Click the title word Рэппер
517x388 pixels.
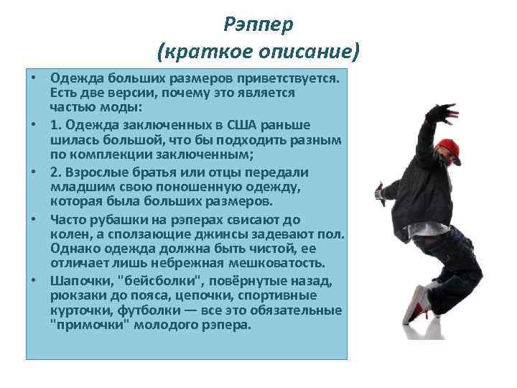[x=258, y=24]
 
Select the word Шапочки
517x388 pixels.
[x=80, y=280]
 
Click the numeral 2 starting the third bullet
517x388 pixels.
[x=54, y=172]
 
